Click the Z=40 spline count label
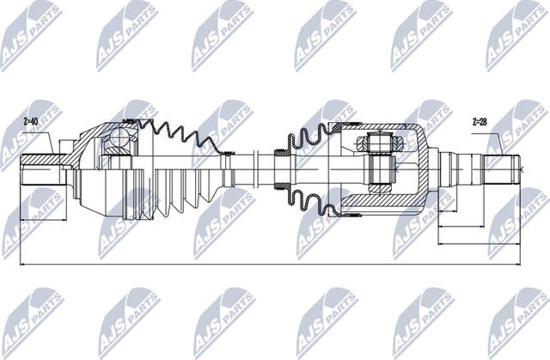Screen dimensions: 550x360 [x=30, y=121]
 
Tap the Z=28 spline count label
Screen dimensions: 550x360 [x=480, y=122]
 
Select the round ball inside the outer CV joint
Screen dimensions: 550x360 [x=119, y=137]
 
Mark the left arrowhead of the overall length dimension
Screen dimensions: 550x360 [x=22, y=265]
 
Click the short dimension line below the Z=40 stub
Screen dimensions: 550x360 [x=44, y=220]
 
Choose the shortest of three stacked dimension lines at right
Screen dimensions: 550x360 [x=448, y=211]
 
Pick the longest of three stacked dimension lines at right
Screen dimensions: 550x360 [x=479, y=243]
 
